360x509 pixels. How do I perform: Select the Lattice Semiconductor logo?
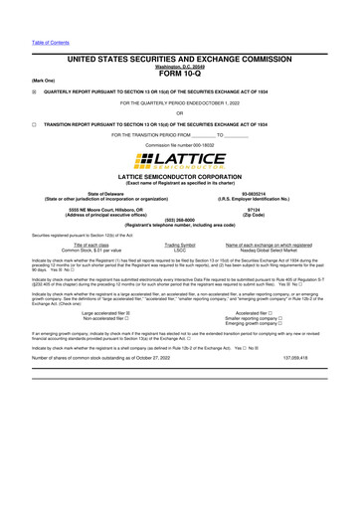(179, 160)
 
